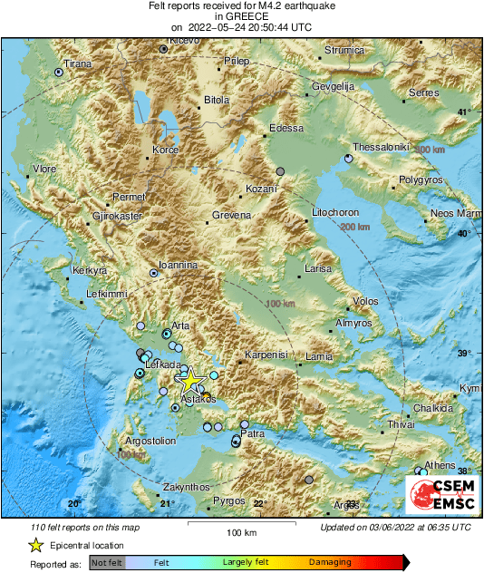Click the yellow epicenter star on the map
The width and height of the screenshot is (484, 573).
click(190, 381)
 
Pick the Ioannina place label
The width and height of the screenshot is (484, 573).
click(178, 265)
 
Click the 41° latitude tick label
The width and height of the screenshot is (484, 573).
click(464, 112)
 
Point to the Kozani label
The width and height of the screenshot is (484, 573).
click(261, 190)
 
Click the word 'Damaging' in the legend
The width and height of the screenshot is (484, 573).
click(331, 563)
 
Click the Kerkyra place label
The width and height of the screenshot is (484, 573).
click(91, 270)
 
